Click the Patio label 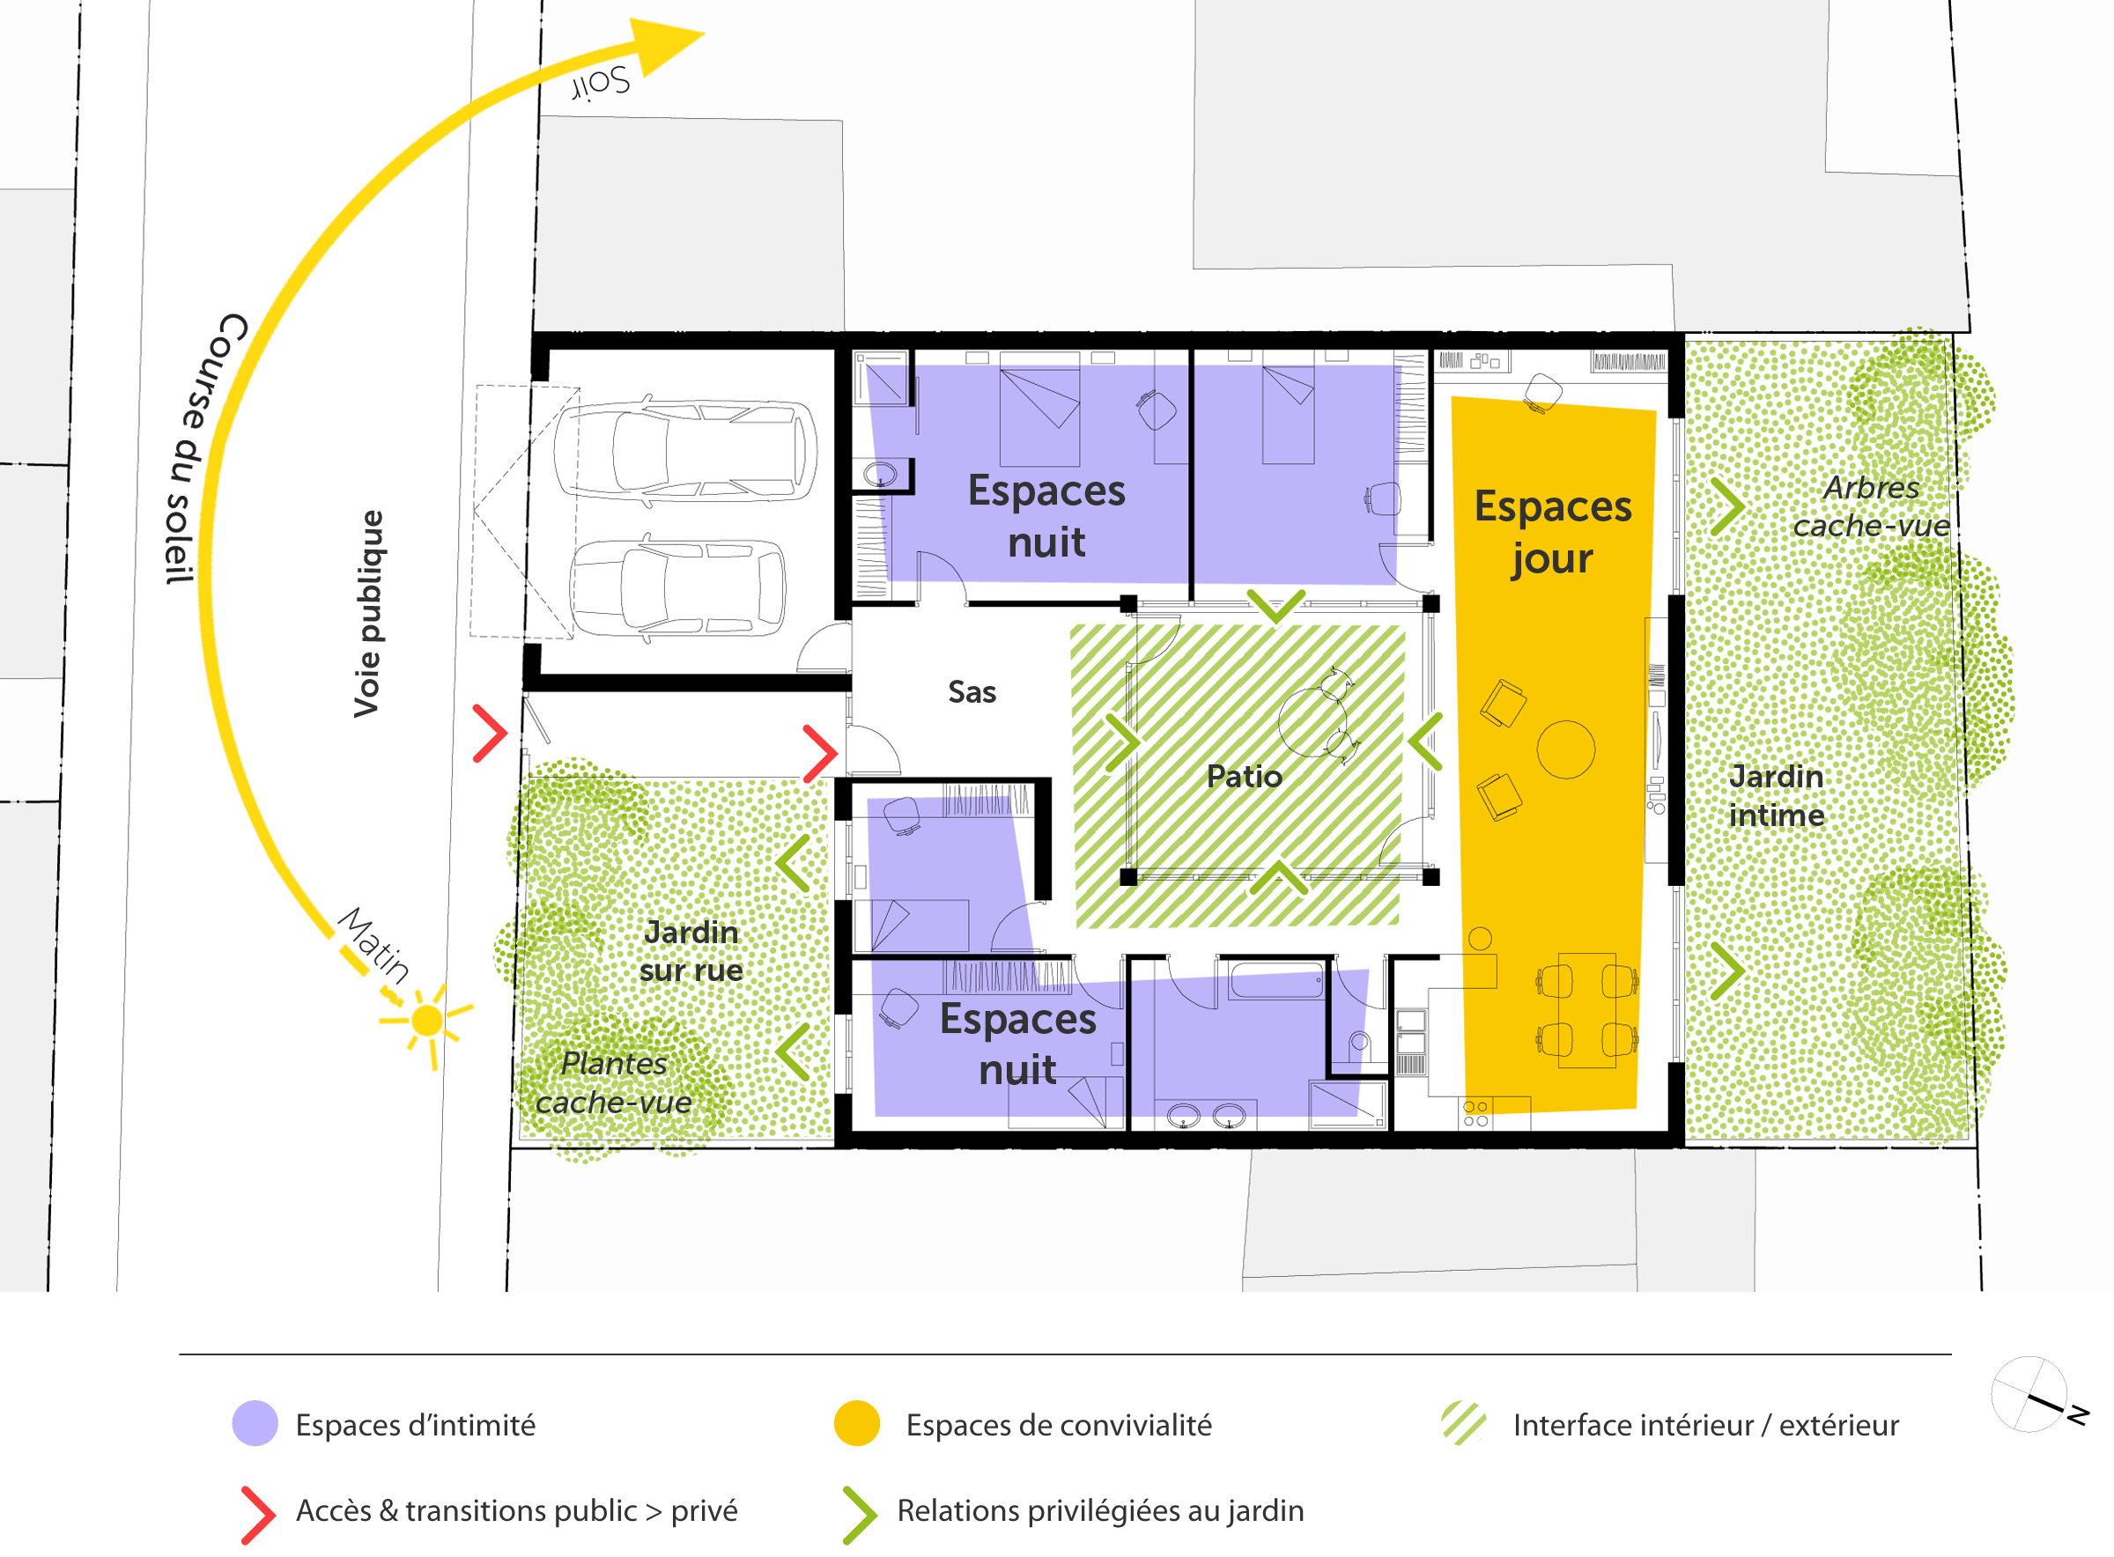(x=1244, y=777)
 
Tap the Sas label (x=972, y=693)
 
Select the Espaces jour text (x=1552, y=533)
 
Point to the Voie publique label (x=367, y=615)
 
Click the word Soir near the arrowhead (x=602, y=83)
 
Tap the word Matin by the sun (x=374, y=944)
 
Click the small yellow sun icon (x=427, y=1021)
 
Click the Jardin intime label (x=1777, y=796)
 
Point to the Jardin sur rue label (x=691, y=952)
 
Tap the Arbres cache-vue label (x=1871, y=507)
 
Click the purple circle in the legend (x=255, y=1423)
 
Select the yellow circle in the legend (x=857, y=1423)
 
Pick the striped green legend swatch (x=1464, y=1423)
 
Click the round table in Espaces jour (x=1565, y=749)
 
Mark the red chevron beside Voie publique (x=490, y=734)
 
